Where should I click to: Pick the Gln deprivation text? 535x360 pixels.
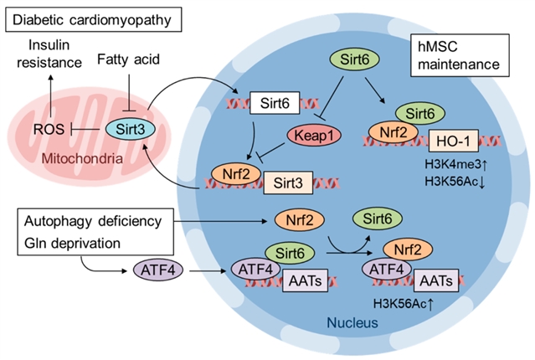pos(76,243)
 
